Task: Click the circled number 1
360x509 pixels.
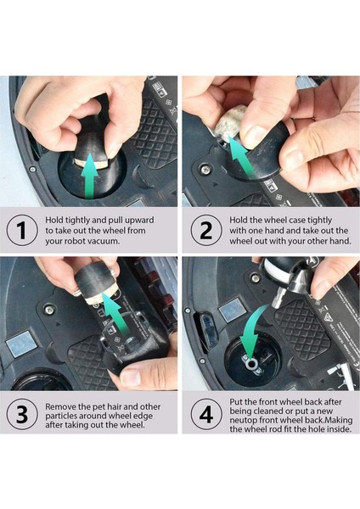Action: pos(22,230)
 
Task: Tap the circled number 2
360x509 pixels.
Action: pos(206,230)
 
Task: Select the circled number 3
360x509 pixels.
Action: pos(22,415)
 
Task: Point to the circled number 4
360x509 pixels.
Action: pos(206,415)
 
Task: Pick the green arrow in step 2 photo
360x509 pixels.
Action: pos(242,156)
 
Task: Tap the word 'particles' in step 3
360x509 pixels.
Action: pos(61,416)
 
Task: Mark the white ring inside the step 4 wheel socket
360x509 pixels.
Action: pos(252,364)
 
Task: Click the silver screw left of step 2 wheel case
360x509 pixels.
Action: pos(205,169)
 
